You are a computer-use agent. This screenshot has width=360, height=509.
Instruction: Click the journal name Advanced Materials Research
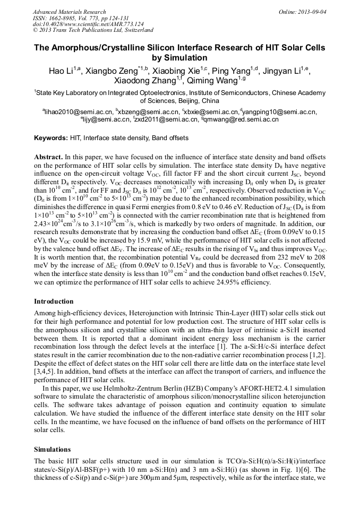(x=69, y=12)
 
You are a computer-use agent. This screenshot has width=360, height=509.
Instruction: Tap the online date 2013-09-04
(x=312, y=12)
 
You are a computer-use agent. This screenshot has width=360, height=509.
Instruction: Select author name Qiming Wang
(x=217, y=80)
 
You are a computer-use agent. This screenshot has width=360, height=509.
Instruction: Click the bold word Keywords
(x=51, y=138)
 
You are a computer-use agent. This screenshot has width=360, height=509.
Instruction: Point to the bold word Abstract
(x=48, y=157)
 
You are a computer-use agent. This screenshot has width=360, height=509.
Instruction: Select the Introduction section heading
(x=54, y=301)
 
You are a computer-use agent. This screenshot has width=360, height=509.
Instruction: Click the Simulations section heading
(x=53, y=448)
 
